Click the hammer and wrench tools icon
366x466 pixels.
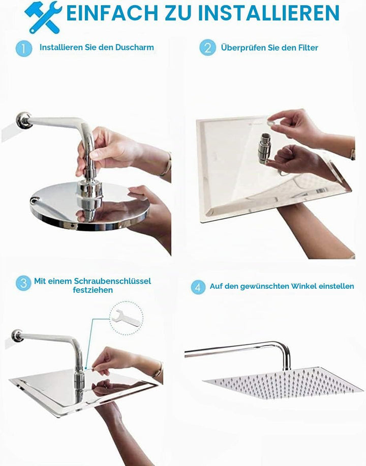(x=43, y=17)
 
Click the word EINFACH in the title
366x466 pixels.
(x=113, y=13)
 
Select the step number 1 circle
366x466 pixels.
(x=24, y=48)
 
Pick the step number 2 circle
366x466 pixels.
(x=207, y=47)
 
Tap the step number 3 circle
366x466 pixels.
(x=23, y=283)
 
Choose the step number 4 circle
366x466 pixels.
(x=198, y=287)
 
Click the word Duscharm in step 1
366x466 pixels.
(x=134, y=47)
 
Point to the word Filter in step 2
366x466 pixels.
(x=308, y=47)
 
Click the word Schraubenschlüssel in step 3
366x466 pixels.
(x=112, y=281)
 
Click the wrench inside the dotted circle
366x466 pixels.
(x=125, y=318)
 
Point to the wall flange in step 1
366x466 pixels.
(x=23, y=120)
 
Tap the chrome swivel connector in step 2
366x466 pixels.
(x=263, y=148)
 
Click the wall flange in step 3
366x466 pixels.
(x=17, y=336)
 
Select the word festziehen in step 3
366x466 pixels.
(x=93, y=290)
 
